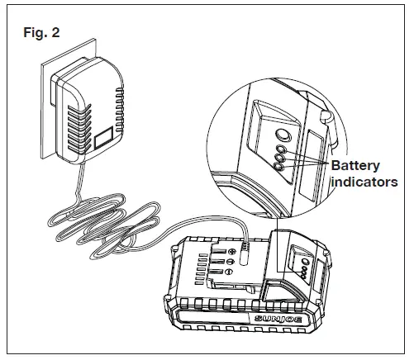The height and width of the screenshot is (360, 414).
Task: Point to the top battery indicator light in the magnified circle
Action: coord(280,151)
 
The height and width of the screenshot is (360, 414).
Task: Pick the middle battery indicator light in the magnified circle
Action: coord(282,159)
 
